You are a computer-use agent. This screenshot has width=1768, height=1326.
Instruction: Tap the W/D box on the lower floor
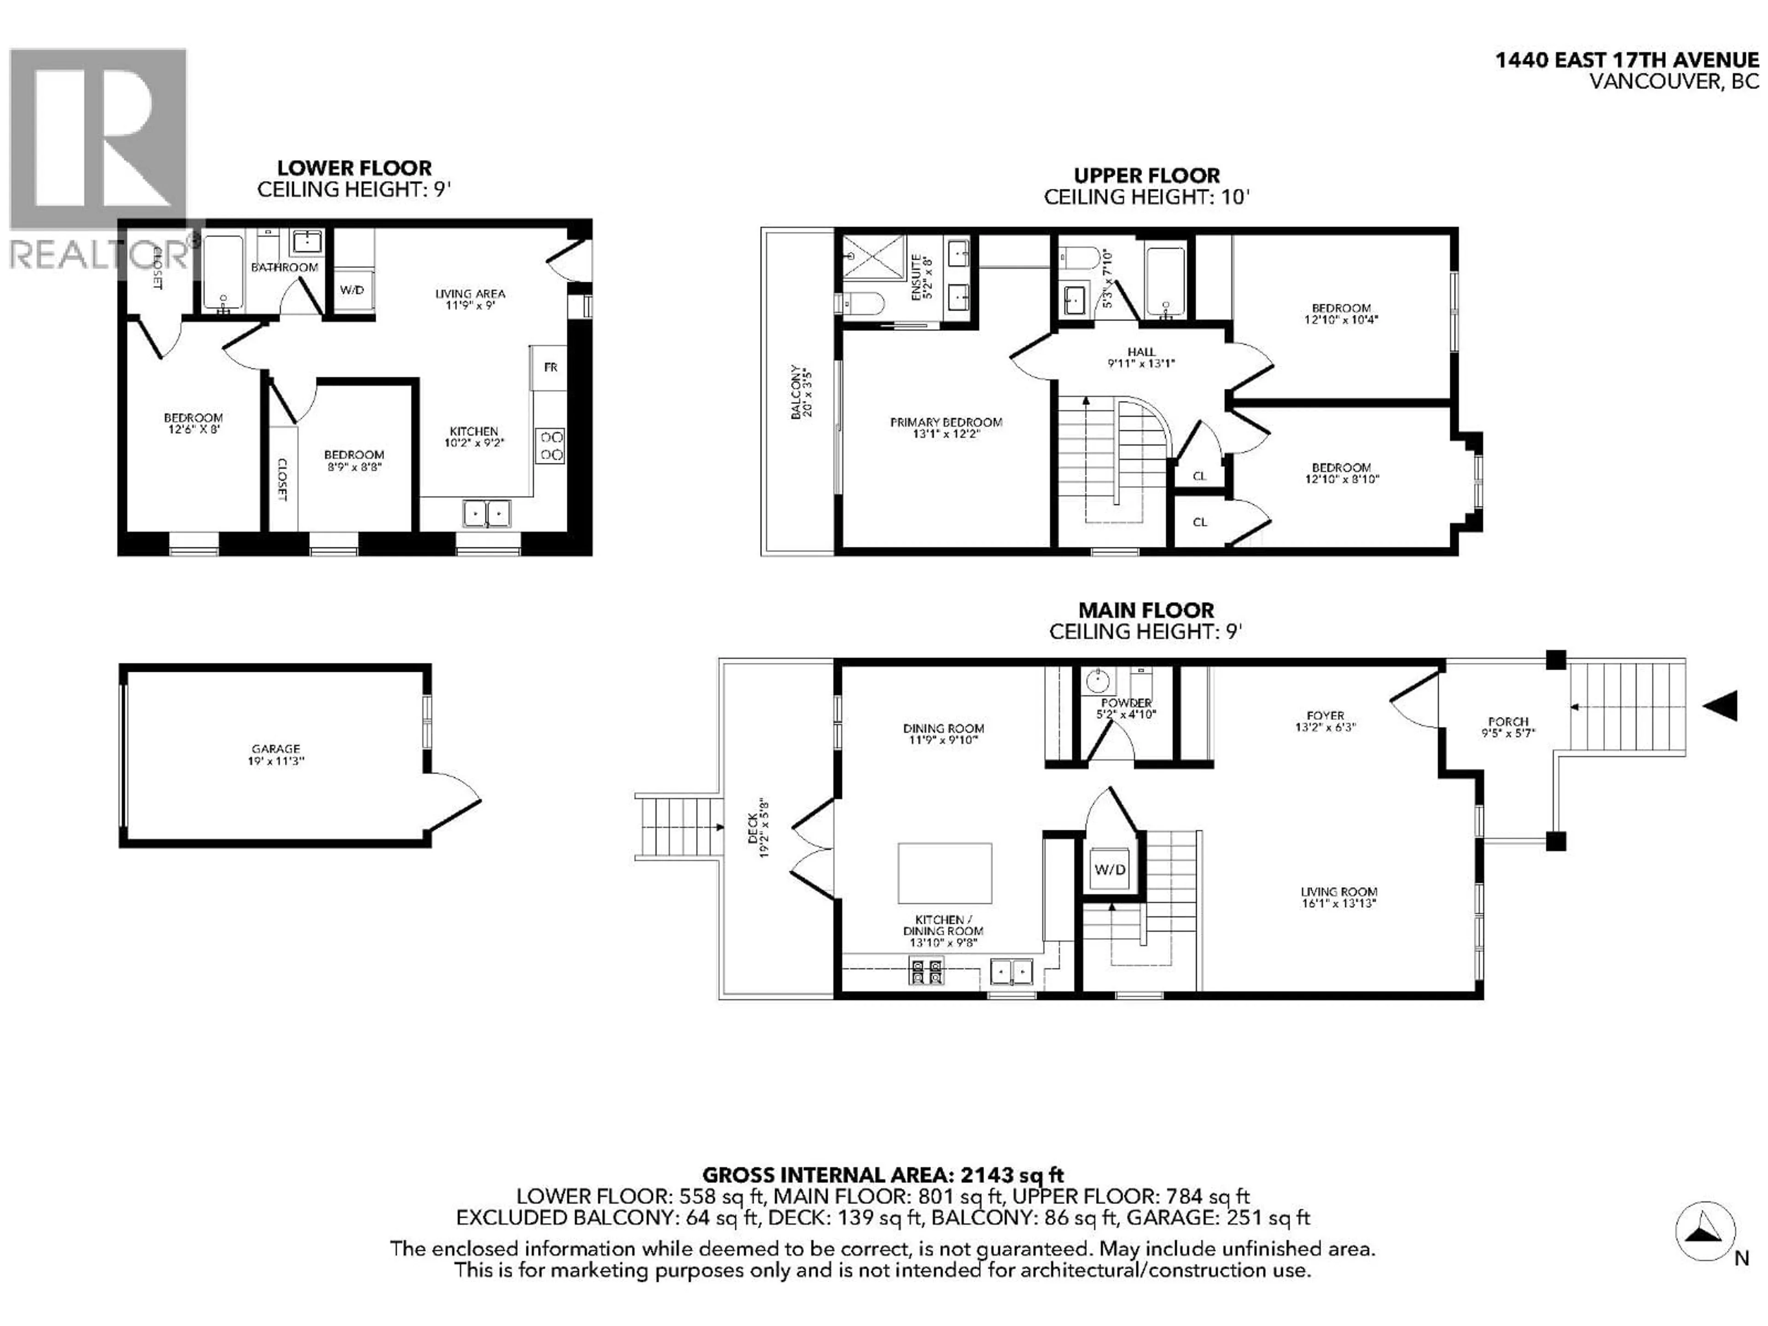tap(352, 289)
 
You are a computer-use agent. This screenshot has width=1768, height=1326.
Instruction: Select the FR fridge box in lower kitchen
tap(550, 367)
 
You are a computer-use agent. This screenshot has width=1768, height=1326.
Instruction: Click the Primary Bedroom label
tap(946, 428)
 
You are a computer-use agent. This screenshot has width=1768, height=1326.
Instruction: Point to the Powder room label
tap(1126, 708)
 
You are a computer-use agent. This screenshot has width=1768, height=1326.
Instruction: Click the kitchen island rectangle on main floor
tap(945, 873)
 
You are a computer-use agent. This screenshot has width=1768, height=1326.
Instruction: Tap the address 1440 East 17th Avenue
tap(1627, 60)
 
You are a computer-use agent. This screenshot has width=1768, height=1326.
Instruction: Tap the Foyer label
tap(1325, 721)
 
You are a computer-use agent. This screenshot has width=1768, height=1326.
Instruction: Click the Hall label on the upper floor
tap(1140, 356)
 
